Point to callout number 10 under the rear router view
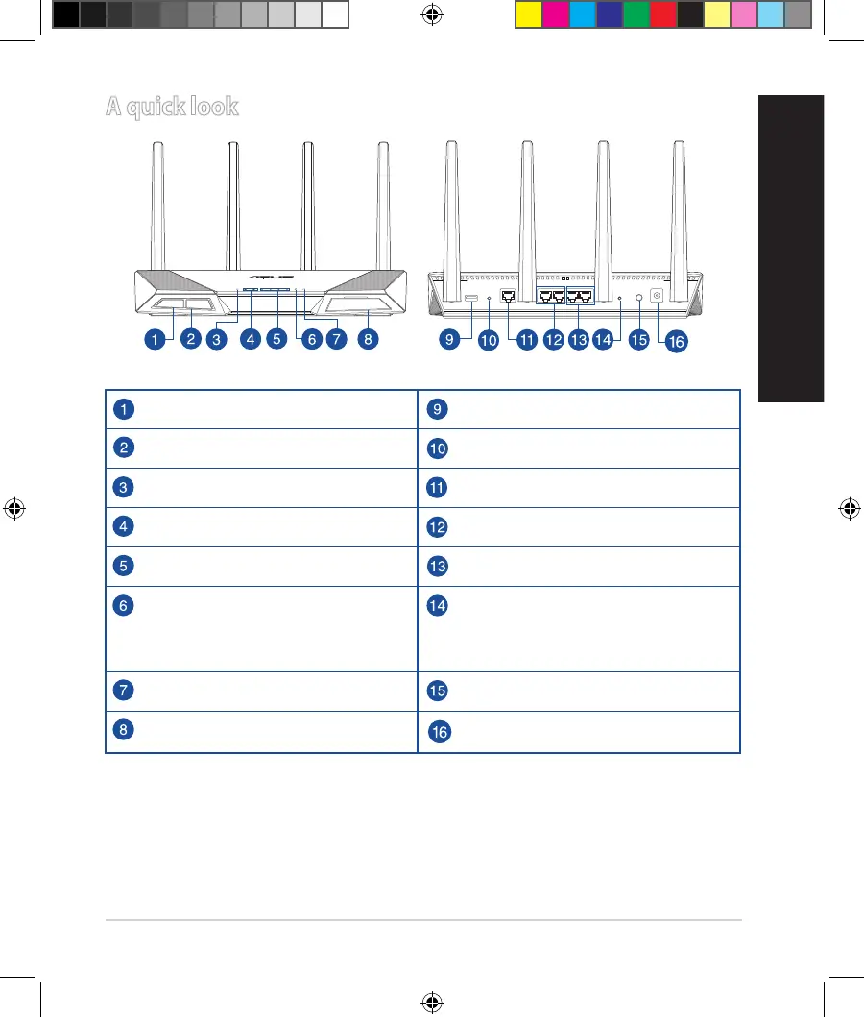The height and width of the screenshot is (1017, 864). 489,339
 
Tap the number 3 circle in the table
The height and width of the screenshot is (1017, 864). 123,487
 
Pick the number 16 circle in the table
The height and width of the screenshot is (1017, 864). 438,732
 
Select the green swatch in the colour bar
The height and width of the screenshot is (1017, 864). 636,14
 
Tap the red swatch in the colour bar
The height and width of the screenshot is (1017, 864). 662,14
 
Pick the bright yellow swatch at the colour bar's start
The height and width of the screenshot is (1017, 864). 528,14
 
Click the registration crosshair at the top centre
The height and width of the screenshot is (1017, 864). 432,14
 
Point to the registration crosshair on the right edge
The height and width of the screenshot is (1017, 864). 849,508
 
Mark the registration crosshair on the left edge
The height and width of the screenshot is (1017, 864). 14,508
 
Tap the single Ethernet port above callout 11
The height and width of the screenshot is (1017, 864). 508,298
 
